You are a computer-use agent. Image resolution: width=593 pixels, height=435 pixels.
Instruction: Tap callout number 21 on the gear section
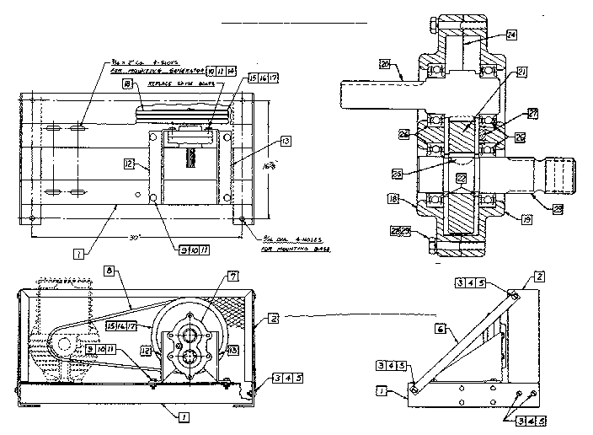pos(522,73)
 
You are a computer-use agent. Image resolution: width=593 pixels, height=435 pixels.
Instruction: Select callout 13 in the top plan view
pos(287,141)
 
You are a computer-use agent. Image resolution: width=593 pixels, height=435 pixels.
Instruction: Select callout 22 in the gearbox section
pos(460,178)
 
